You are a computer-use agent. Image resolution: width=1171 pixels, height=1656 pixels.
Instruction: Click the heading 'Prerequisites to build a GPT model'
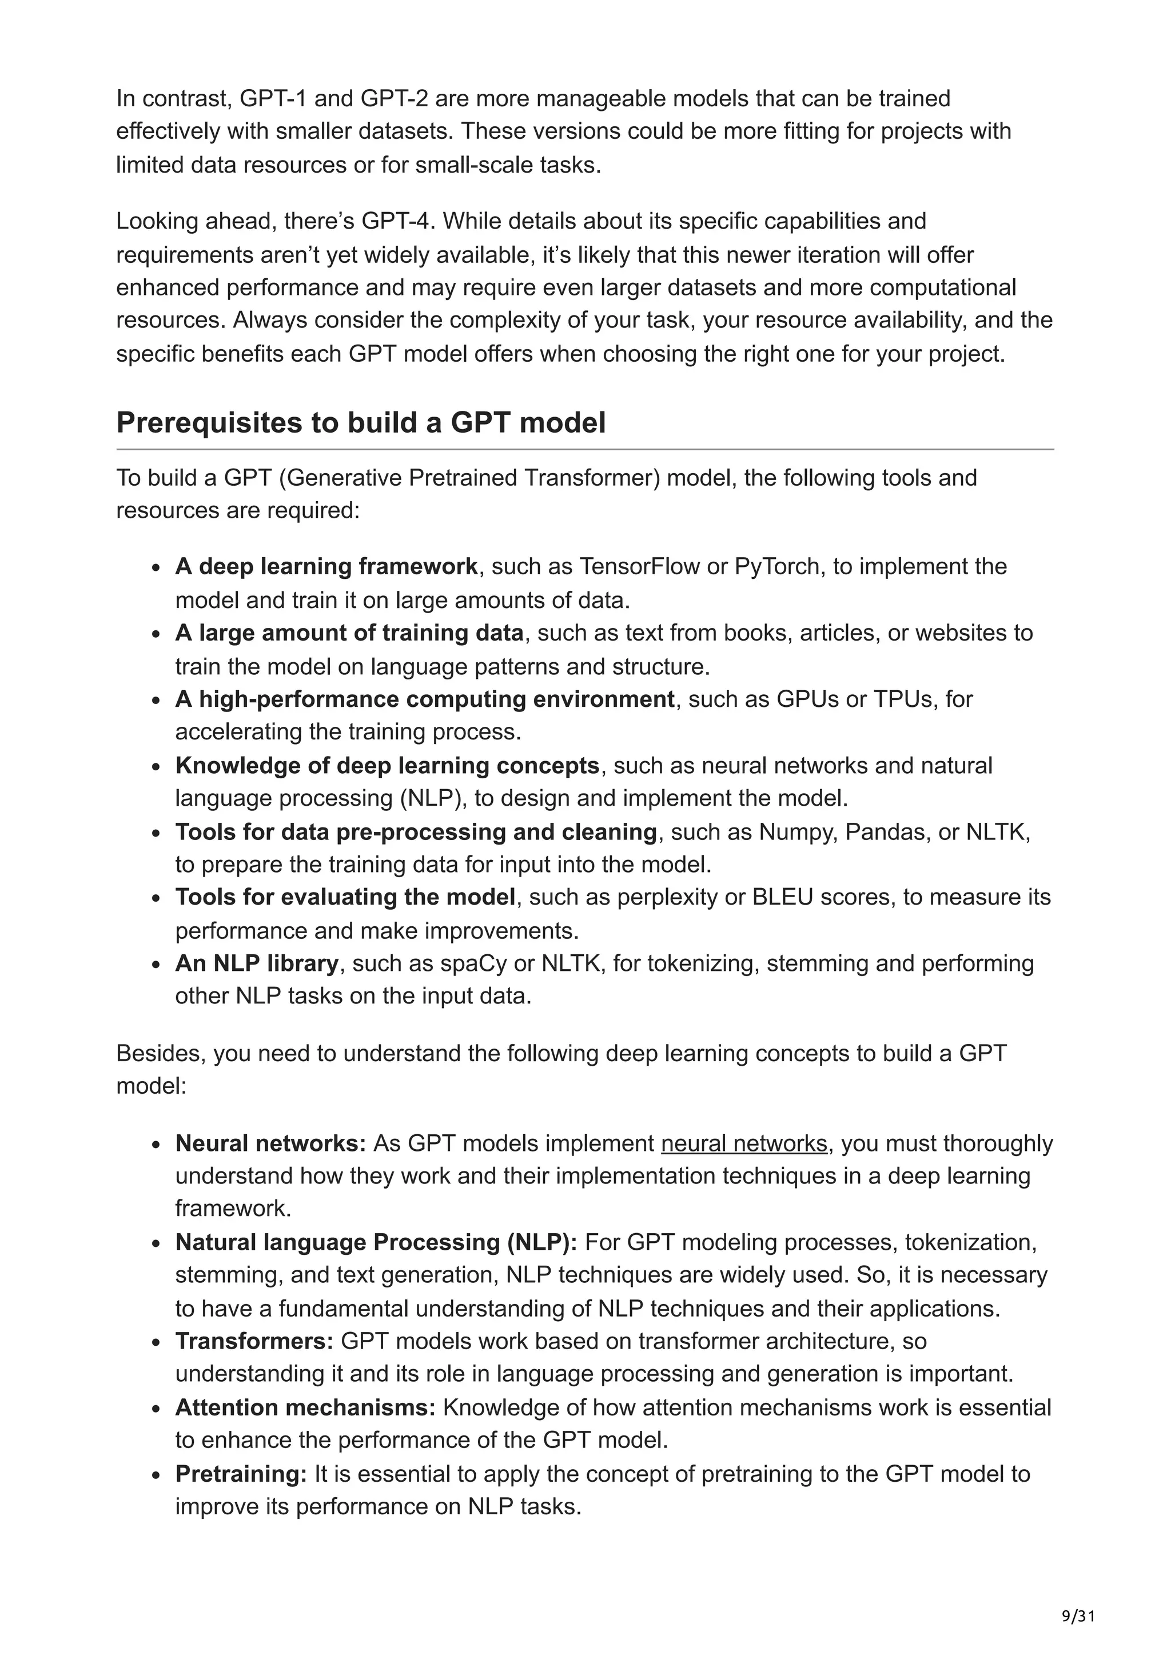click(361, 423)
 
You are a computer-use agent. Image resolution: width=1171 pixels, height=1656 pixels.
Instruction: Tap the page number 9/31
click(1078, 1617)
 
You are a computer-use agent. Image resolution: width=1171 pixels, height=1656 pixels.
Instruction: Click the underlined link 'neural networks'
click(744, 1144)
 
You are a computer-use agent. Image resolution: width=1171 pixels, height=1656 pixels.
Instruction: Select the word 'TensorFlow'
click(639, 567)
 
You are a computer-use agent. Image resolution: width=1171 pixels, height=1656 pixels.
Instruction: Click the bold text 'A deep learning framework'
click(326, 567)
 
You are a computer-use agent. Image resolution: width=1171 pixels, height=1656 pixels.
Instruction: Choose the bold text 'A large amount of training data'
click(349, 633)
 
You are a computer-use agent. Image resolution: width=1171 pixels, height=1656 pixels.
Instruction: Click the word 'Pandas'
click(887, 833)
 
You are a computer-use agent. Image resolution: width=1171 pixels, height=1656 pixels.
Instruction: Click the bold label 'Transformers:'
click(254, 1342)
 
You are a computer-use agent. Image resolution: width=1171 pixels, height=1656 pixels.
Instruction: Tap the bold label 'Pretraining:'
click(241, 1474)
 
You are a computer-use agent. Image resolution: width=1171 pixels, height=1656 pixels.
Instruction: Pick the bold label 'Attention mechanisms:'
click(305, 1408)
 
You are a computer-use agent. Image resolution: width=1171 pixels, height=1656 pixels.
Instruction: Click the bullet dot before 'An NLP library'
click(156, 965)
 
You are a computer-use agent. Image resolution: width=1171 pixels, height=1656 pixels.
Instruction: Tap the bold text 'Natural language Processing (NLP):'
click(376, 1243)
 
